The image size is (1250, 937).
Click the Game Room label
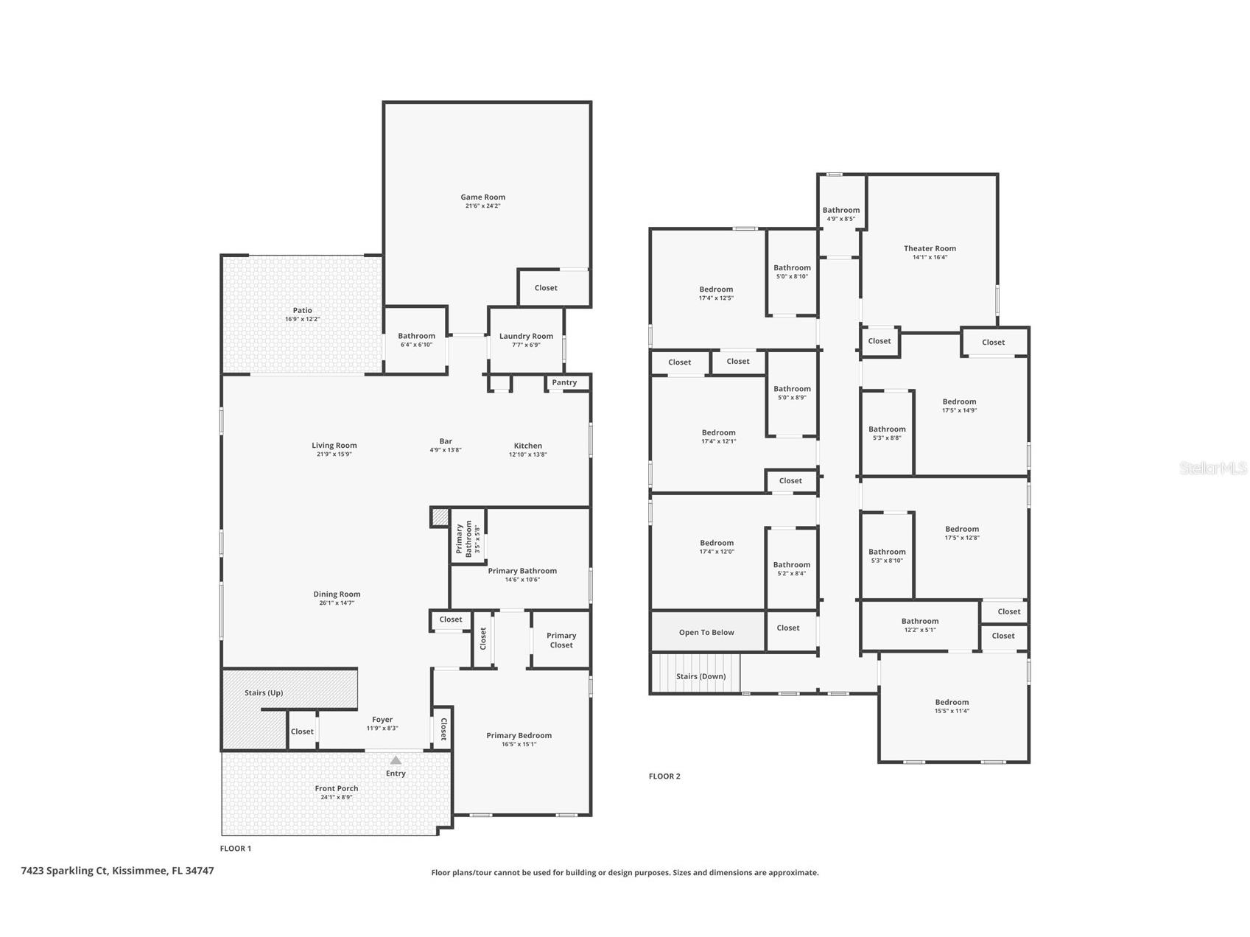pos(482,197)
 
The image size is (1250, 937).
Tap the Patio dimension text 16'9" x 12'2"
pos(302,320)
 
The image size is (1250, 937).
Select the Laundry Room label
pos(526,336)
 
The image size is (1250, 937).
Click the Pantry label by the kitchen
pos(564,382)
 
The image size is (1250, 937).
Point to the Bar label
pos(446,441)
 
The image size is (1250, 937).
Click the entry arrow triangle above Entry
pos(396,760)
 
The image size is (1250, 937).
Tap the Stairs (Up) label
pos(264,692)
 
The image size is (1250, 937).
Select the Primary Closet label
pos(561,640)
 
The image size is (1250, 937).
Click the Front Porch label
pos(337,788)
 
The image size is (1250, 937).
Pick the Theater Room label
pos(930,248)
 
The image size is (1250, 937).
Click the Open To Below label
pos(706,632)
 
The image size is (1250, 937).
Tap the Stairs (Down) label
pos(701,676)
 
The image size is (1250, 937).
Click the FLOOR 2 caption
pos(664,776)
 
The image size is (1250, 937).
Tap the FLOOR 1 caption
pos(236,849)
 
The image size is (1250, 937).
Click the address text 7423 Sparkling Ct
pos(117,871)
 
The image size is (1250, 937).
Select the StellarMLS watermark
pos(1212,468)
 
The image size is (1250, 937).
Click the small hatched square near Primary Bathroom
pos(440,517)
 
